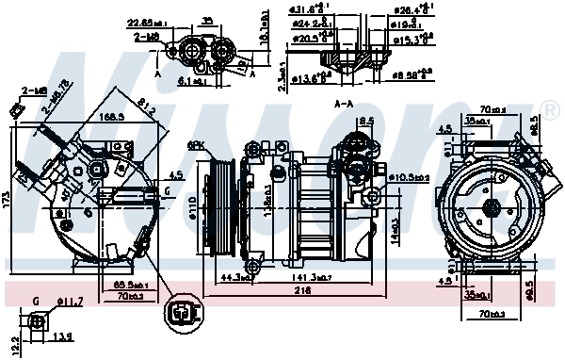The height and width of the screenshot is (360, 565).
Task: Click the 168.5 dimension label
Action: click(112, 118)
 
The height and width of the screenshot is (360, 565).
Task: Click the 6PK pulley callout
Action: click(197, 144)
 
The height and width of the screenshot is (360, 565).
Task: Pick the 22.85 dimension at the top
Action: click(144, 23)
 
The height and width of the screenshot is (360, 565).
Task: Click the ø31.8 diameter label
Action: click(299, 11)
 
